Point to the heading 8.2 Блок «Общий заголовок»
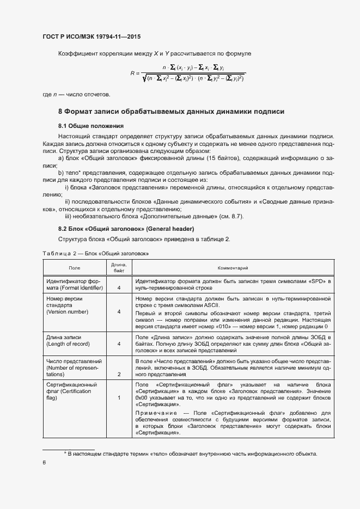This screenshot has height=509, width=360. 126,229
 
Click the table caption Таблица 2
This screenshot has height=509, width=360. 95,254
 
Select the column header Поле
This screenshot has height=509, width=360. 74,268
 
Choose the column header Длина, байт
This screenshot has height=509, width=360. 119,268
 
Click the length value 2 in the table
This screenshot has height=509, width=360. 119,375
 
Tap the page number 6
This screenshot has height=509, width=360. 44,463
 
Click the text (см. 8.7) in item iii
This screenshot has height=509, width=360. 231,217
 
